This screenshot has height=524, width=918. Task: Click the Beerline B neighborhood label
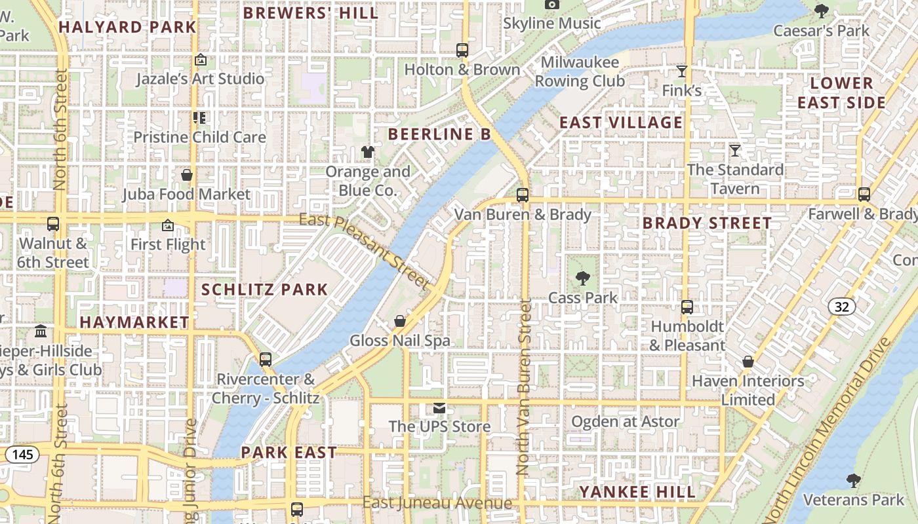pyautogui.click(x=439, y=134)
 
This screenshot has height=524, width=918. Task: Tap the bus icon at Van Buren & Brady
pyautogui.click(x=523, y=195)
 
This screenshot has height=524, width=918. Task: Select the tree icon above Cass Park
pyautogui.click(x=582, y=278)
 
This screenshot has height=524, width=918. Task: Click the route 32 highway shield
pyautogui.click(x=841, y=306)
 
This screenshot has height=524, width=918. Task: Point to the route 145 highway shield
pyautogui.click(x=18, y=453)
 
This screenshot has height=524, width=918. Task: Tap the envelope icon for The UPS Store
pyautogui.click(x=439, y=408)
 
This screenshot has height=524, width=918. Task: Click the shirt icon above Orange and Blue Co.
pyautogui.click(x=368, y=152)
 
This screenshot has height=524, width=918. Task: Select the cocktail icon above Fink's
pyautogui.click(x=682, y=71)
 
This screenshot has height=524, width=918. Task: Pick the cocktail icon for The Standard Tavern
pyautogui.click(x=735, y=151)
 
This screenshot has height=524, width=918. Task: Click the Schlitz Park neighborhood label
pyautogui.click(x=264, y=290)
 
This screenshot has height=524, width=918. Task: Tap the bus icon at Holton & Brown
pyautogui.click(x=462, y=50)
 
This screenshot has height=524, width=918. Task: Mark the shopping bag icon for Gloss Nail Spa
pyautogui.click(x=400, y=321)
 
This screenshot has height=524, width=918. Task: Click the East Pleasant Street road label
pyautogui.click(x=365, y=252)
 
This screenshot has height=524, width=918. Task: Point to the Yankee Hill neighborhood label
pyautogui.click(x=637, y=492)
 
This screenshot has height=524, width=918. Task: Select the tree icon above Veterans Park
pyautogui.click(x=853, y=481)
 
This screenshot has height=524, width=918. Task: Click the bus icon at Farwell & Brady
pyautogui.click(x=864, y=195)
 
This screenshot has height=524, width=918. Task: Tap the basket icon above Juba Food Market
pyautogui.click(x=187, y=175)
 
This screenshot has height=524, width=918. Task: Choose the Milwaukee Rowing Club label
pyautogui.click(x=580, y=72)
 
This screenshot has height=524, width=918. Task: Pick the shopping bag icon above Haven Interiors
pyautogui.click(x=748, y=362)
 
